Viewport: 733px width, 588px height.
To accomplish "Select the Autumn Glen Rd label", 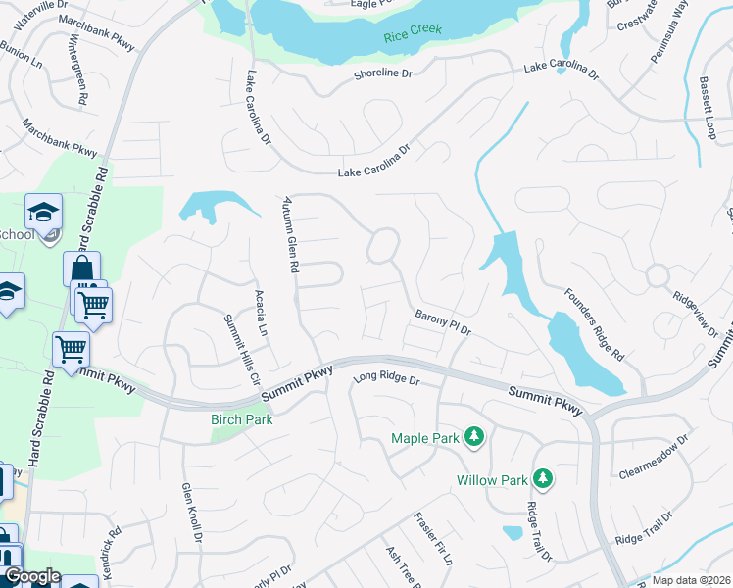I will tap(290, 232).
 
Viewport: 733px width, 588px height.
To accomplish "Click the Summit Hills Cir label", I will tap(242, 348).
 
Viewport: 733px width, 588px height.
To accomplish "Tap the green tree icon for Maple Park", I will tap(474, 436).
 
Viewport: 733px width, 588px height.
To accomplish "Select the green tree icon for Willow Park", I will tap(541, 479).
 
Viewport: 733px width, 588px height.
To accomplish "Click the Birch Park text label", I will tap(241, 419).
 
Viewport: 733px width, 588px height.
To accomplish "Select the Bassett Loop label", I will tap(708, 108).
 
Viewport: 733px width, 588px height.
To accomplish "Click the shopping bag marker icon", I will tap(81, 269).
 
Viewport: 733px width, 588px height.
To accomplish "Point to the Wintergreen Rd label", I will tap(78, 72).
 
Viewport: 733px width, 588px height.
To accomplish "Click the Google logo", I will tap(31, 577).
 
